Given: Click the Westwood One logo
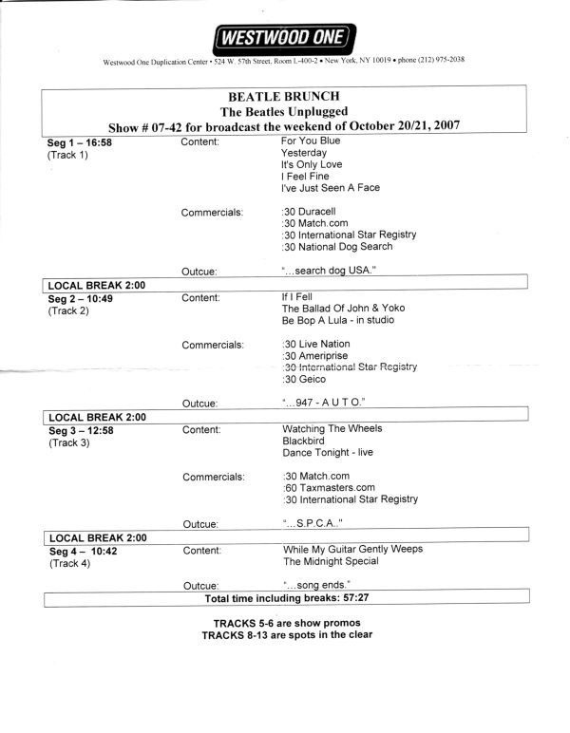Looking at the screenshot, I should [284, 38].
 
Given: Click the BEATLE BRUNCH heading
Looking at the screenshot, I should [284, 97].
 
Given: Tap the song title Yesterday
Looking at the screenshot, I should [304, 153].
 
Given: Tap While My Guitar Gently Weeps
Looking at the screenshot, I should [352, 549].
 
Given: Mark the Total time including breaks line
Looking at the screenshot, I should [284, 599].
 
